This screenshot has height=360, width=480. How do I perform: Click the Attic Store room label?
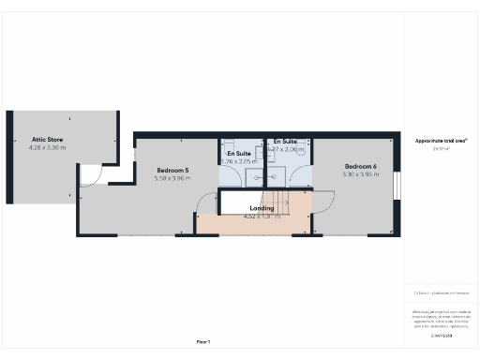47,140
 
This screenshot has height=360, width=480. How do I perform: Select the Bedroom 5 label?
172,171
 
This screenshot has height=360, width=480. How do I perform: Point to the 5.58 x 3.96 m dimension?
172,179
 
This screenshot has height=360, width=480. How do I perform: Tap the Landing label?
262,207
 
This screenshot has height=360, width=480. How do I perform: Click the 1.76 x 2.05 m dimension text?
237,161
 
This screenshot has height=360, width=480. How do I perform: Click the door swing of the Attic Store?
90,175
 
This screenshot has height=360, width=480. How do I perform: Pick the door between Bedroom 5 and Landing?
202,206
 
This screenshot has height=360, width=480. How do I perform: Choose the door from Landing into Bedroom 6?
322,204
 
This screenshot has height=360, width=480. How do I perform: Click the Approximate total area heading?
442,141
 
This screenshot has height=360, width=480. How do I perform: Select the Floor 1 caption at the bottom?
202,342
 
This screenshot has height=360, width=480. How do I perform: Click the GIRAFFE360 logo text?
442,335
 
